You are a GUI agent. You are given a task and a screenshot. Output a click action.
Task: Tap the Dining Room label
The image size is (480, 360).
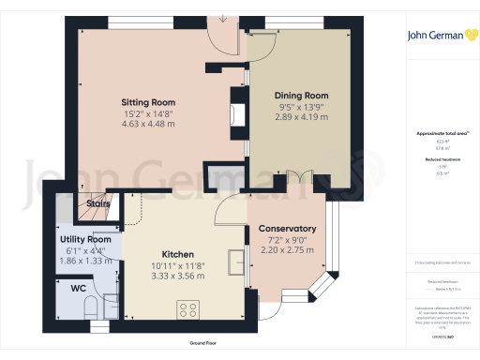pos(301,96)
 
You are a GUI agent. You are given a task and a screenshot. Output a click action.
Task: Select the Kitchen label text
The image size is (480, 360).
pos(151,255)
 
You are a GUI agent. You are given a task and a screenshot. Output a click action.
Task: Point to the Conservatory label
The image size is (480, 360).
pos(287,229)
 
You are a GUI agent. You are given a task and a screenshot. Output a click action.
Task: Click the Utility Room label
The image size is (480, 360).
pos(79,240)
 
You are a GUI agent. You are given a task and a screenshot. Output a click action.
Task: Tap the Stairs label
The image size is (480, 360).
pos(98,203)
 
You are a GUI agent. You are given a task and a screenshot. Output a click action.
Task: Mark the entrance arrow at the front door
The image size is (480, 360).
pos(223,17)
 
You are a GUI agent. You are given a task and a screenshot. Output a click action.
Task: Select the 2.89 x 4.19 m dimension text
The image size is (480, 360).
pos(301,117)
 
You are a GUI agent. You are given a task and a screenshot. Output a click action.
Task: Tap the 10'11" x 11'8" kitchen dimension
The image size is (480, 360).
pos(151,265)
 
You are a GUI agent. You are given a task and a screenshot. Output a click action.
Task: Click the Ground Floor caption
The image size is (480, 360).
pos(202,344)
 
